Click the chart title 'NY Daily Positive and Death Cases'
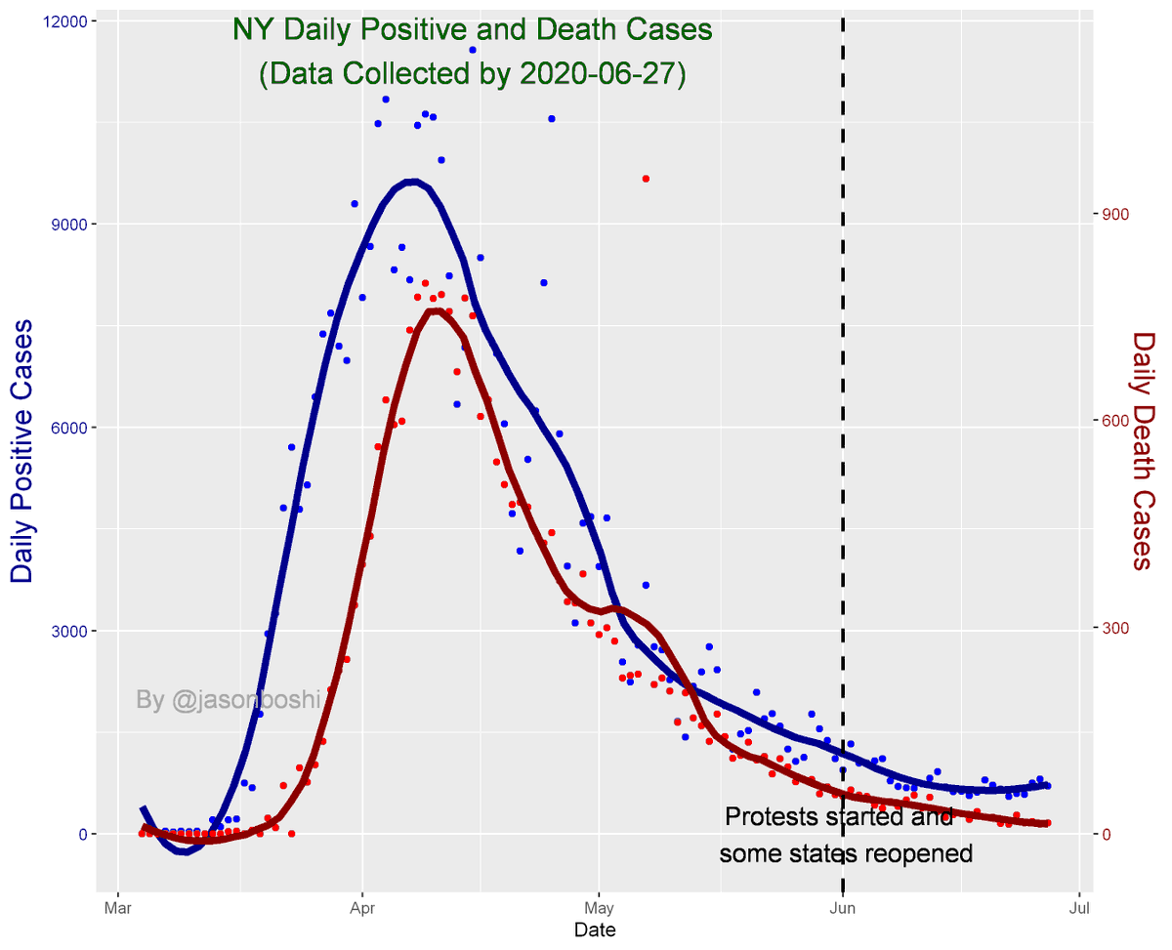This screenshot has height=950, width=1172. pos(472,30)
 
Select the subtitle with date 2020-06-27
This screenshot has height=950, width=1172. pos(472,75)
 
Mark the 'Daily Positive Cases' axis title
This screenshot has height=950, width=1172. pos(23,451)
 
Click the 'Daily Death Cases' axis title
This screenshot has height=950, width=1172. pos(1145,451)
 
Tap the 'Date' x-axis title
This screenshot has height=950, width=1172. pos(594,930)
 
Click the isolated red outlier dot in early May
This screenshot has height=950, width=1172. pos(646,179)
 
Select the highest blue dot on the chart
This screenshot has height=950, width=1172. pos(472,50)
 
